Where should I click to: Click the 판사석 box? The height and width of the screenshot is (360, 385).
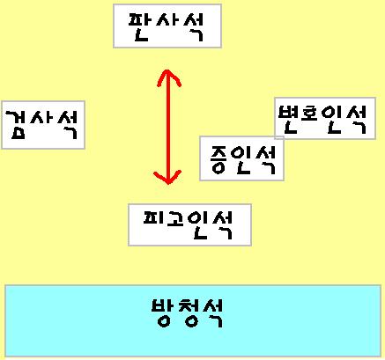[167, 26]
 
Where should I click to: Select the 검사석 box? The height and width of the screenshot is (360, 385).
[43, 125]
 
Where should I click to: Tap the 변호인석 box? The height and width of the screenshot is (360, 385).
[325, 118]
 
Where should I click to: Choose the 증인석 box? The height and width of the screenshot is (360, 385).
[241, 158]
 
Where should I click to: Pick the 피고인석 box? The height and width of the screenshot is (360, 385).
[189, 224]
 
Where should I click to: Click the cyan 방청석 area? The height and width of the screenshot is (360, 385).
[193, 320]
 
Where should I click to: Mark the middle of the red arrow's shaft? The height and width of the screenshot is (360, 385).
[168, 127]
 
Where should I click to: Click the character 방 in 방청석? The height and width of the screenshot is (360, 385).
[162, 312]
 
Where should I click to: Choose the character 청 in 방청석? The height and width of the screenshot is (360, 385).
[189, 312]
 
